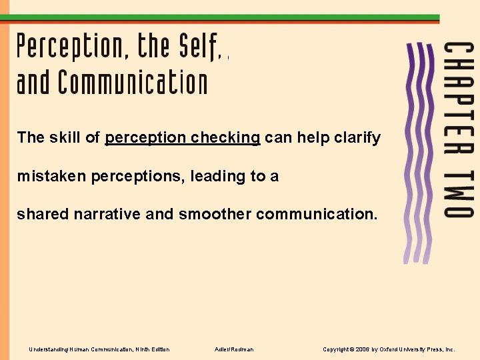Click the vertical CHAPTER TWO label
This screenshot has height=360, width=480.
pyautogui.click(x=459, y=130)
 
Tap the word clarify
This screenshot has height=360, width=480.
pyautogui.click(x=356, y=138)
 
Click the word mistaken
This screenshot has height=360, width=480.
pyautogui.click(x=51, y=177)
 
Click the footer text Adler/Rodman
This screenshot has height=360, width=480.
pyautogui.click(x=234, y=349)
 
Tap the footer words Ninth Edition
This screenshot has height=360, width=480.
pyautogui.click(x=153, y=349)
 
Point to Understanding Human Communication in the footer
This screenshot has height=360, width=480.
pyautogui.click(x=81, y=349)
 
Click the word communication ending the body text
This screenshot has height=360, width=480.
pyautogui.click(x=317, y=215)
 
